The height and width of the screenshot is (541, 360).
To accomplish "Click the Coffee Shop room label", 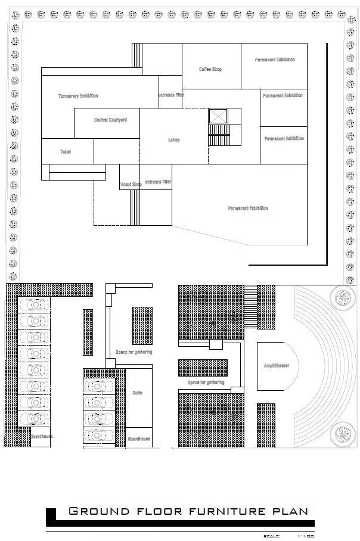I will [x=210, y=70].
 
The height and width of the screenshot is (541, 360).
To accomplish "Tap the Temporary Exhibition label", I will [x=78, y=96].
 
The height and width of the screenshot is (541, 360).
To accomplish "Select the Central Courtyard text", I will [x=110, y=120].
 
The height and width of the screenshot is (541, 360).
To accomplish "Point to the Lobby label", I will [x=173, y=141].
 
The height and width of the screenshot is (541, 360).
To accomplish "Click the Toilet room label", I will [x=66, y=152].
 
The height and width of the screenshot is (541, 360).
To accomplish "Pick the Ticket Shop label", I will [x=131, y=185].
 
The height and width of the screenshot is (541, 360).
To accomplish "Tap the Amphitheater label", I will [x=276, y=366].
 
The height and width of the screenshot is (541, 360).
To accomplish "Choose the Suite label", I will [x=137, y=393].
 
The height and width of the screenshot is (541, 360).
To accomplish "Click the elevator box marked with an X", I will [x=218, y=116].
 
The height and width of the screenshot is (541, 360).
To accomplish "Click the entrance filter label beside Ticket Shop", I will [x=157, y=182].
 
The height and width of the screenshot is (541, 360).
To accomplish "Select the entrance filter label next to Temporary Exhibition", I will [x=171, y=95].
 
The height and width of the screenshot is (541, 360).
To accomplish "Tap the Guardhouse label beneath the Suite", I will [x=139, y=439].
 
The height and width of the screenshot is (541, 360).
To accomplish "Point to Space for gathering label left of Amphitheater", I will [x=206, y=383].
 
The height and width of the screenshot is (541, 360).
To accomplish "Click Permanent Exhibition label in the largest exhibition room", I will [x=248, y=209].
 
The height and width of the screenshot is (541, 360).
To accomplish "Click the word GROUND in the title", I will [x=99, y=511].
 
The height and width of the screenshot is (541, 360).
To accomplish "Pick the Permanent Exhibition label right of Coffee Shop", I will [x=275, y=60].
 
